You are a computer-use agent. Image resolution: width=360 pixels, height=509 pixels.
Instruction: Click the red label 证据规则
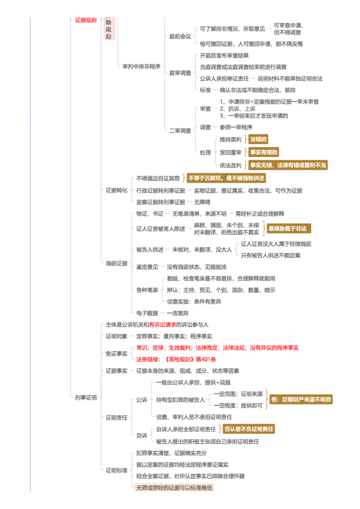(x=86, y=20)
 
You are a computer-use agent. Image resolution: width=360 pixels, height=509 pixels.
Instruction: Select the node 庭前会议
(x=180, y=36)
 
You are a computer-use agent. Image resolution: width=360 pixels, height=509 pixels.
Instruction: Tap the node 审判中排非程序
(x=141, y=67)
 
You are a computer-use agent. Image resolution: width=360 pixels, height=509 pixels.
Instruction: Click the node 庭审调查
(x=180, y=73)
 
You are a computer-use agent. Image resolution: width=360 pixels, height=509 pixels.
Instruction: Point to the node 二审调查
(x=180, y=131)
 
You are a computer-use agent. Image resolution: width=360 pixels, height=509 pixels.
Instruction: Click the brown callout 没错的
(x=258, y=139)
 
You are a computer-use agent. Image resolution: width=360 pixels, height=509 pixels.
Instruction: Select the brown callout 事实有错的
(x=264, y=152)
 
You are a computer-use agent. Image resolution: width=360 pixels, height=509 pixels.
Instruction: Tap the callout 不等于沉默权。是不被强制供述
(x=226, y=178)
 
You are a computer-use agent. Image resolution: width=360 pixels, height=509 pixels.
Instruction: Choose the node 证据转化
(x=116, y=190)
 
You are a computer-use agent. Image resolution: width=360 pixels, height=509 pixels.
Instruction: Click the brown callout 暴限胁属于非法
(x=288, y=228)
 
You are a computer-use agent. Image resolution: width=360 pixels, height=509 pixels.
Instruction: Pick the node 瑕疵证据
(x=116, y=263)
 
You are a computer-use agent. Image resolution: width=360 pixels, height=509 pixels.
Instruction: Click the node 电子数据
(x=147, y=313)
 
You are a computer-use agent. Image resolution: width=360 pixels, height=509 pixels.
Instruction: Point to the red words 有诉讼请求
(x=162, y=325)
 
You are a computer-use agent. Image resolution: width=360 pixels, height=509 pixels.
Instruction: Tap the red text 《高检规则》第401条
(x=190, y=359)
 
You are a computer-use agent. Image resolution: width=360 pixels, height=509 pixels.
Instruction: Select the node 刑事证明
(x=86, y=397)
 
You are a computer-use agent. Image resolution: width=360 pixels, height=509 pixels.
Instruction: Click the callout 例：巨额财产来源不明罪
(x=301, y=400)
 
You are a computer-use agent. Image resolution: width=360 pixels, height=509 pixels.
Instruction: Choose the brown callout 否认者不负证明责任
(x=249, y=429)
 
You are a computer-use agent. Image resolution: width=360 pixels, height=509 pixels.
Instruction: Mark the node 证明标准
(x=116, y=470)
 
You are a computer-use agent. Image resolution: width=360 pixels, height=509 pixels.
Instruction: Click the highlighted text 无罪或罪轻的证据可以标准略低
(x=174, y=487)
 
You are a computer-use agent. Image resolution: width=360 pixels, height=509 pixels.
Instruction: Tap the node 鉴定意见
(x=147, y=267)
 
